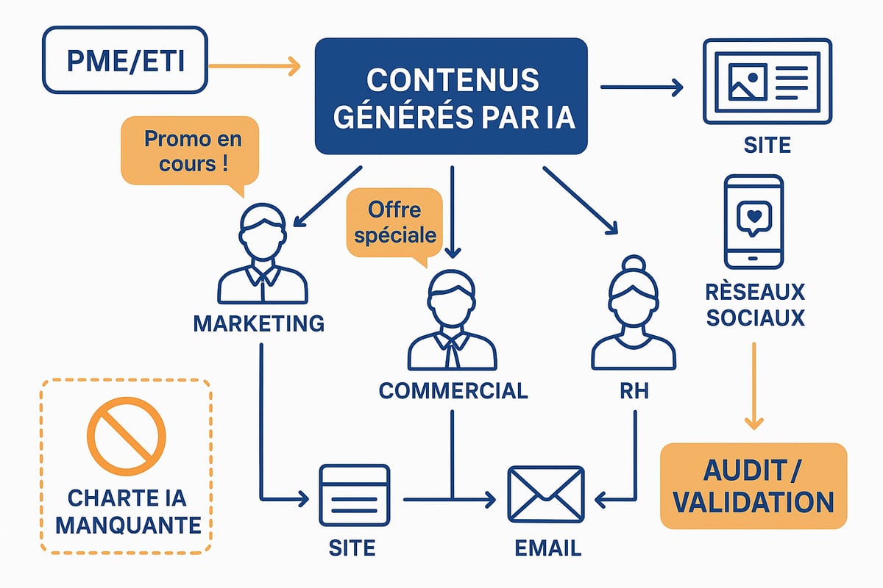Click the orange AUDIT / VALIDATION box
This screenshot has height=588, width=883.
click(x=753, y=486)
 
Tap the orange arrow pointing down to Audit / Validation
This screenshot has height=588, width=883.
click(x=753, y=385)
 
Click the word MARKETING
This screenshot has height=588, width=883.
click(x=258, y=323)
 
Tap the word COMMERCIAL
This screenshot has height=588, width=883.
click(x=453, y=390)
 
